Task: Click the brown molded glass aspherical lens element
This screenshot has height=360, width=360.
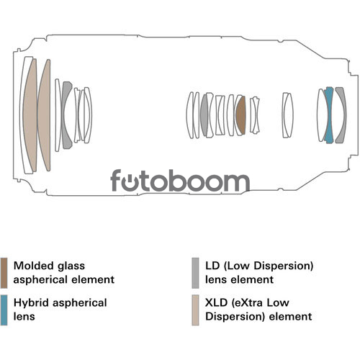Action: [x=240, y=115]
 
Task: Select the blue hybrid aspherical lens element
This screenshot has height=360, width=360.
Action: [x=329, y=115]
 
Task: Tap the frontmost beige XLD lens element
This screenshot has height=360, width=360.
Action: [x=30, y=115]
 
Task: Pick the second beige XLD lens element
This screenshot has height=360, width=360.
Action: [x=45, y=115]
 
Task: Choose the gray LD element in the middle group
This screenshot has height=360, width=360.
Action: [x=204, y=115]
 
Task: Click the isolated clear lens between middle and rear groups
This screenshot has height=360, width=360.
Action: [x=287, y=115]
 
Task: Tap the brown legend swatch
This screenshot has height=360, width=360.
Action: [x=4, y=273]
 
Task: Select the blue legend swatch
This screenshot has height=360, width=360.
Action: [x=4, y=310]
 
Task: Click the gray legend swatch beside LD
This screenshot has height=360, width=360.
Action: [x=195, y=273]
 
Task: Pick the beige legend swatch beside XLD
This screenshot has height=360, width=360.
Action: [x=195, y=310]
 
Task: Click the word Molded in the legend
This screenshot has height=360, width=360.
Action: [x=33, y=266]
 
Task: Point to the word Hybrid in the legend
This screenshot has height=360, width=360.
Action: [x=32, y=303]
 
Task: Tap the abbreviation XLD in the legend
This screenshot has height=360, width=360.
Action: [x=216, y=302]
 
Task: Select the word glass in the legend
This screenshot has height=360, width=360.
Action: [x=71, y=266]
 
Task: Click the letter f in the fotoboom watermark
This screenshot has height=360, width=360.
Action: [x=116, y=180]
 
